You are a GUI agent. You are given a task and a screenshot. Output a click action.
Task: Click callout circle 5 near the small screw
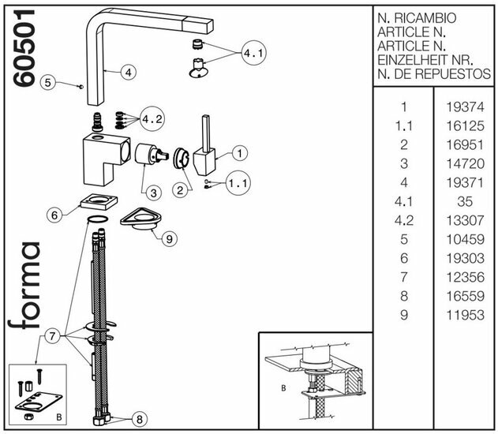47,81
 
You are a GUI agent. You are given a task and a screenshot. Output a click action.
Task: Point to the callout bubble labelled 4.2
152,120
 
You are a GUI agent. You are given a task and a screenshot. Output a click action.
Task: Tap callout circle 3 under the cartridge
152,191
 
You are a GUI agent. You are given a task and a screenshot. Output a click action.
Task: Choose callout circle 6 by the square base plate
54,214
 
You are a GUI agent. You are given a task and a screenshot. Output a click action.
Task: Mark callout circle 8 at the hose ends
140,420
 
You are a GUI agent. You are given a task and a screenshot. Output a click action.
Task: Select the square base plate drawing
99,203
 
